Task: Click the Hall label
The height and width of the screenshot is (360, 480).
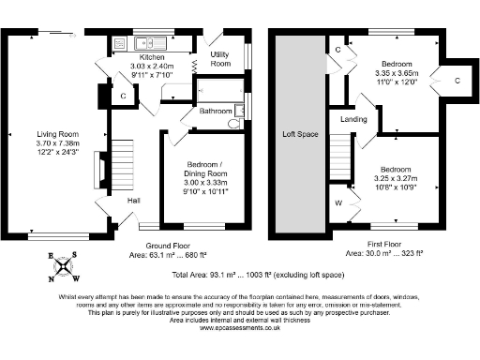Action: coord(134,200)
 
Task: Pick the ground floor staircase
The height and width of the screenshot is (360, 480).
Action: coord(125,165)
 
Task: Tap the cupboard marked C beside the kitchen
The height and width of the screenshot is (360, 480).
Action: coord(124,96)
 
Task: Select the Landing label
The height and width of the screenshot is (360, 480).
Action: coord(353,120)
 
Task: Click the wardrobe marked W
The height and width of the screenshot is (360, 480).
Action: coord(338,202)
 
